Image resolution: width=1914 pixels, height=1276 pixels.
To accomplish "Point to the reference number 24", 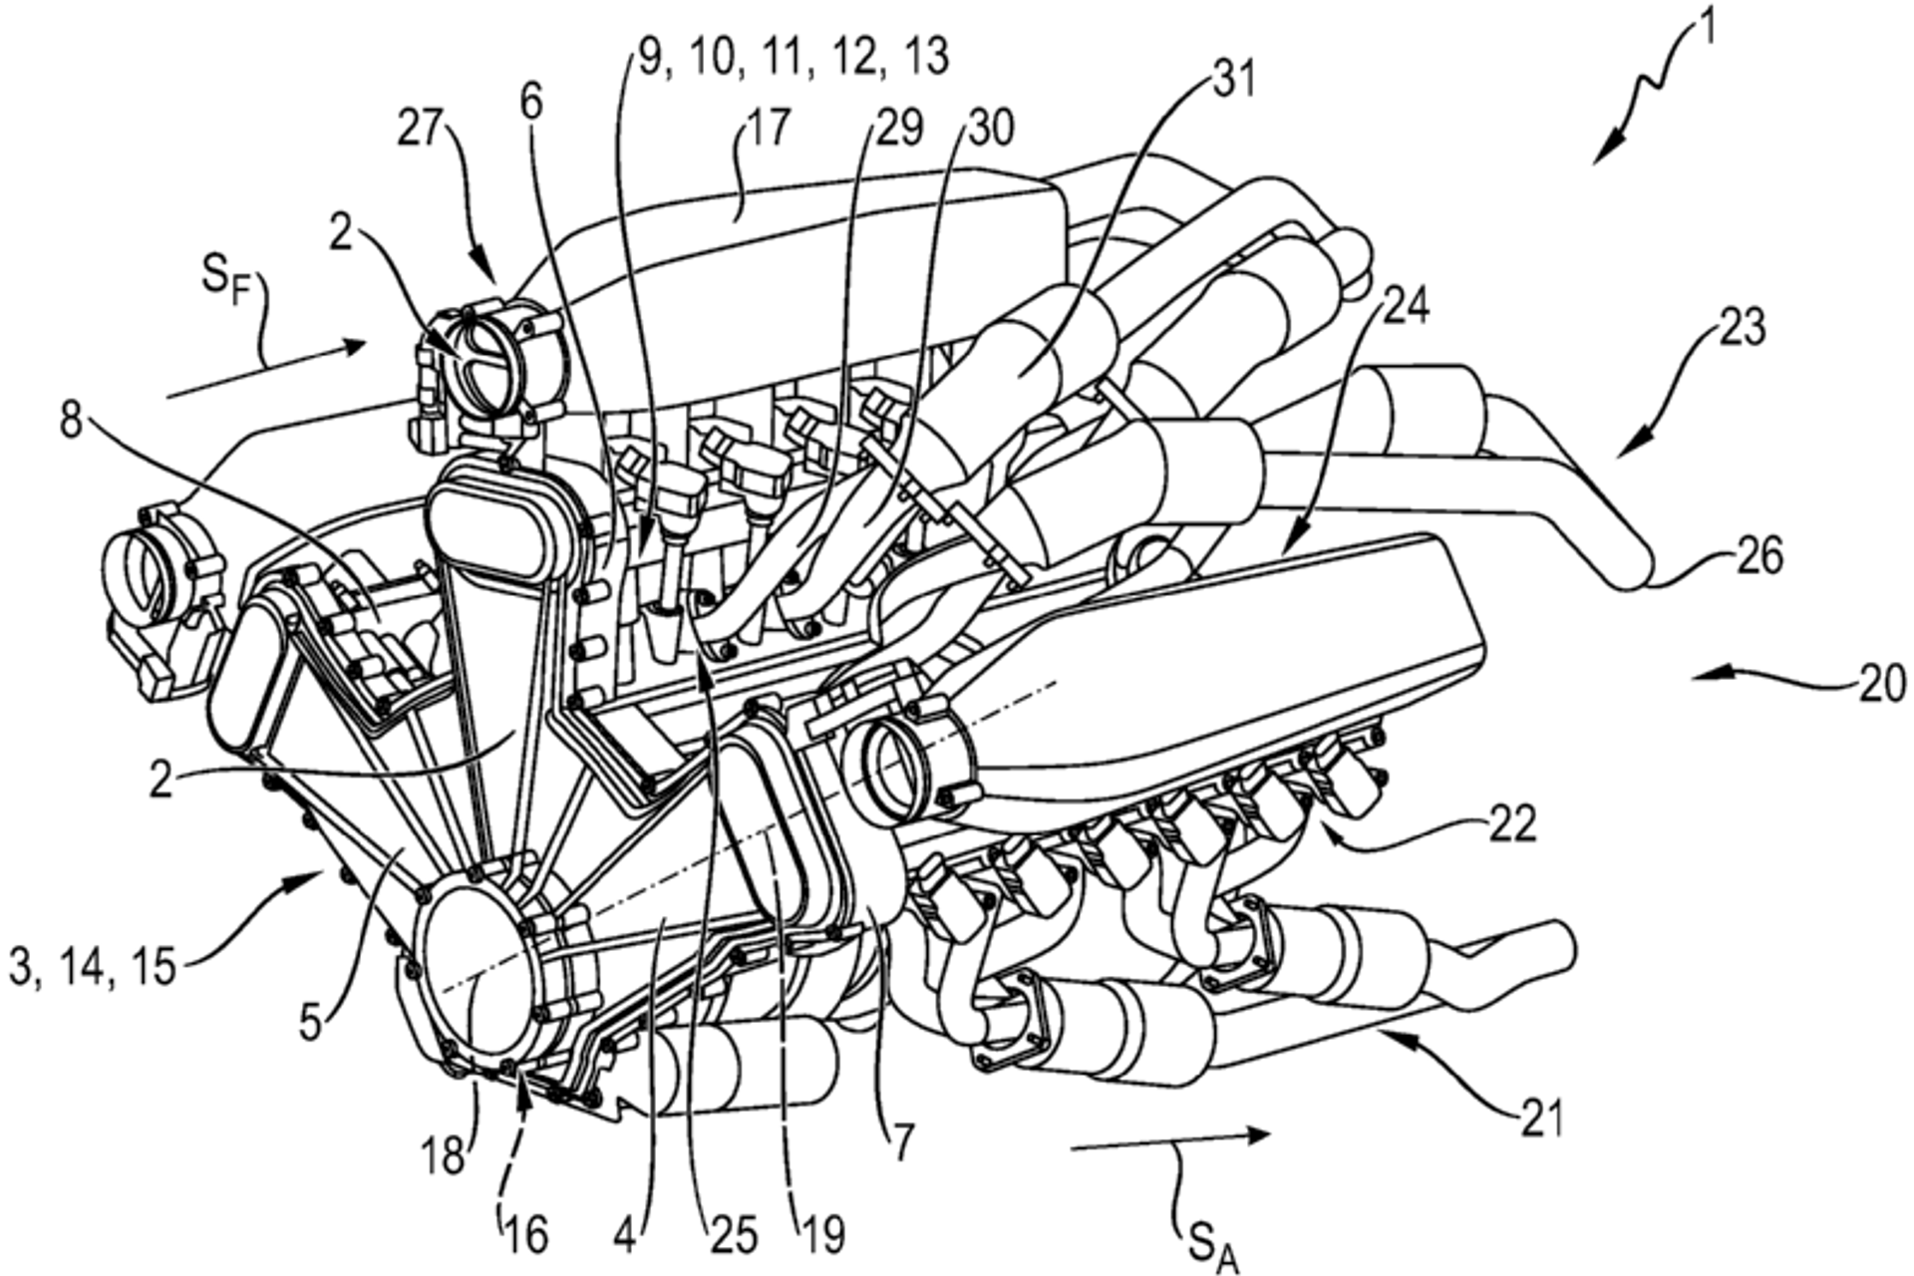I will pyautogui.click(x=1405, y=307).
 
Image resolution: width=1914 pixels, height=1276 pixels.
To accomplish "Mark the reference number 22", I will pyautogui.click(x=1511, y=825).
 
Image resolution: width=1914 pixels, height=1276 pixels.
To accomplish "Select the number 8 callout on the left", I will pyautogui.click(x=71, y=422).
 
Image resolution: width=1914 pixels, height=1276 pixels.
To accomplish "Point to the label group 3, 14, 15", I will pyautogui.click(x=92, y=967).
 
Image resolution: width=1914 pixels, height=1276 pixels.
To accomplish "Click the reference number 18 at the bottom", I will pyautogui.click(x=442, y=1156).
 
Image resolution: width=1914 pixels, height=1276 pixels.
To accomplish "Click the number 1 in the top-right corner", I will pyautogui.click(x=1707, y=30).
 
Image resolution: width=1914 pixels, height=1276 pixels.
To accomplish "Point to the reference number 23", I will pyautogui.click(x=1740, y=328).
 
